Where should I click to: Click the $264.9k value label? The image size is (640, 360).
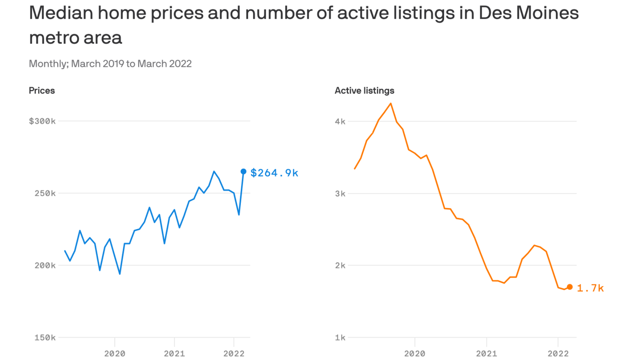tap(274, 173)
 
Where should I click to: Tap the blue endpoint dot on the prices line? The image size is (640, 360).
tap(244, 172)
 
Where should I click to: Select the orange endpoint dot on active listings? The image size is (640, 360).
tap(570, 287)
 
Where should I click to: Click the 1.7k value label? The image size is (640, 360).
tap(590, 288)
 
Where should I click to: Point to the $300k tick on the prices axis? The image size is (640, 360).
tap(42, 121)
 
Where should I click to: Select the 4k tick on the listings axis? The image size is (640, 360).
tap(340, 121)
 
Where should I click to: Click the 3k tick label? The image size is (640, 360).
tap(340, 193)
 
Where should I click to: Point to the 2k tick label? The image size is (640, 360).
tap(340, 265)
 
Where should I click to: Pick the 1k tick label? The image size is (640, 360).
tap(340, 337)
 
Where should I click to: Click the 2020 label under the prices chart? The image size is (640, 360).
tap(114, 353)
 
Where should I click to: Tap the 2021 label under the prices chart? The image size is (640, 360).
tap(174, 353)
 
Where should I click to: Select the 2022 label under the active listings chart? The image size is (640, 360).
tap(558, 353)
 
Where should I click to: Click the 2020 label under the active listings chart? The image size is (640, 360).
tap(415, 353)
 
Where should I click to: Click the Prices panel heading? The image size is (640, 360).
tap(42, 90)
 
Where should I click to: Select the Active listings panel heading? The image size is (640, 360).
tap(365, 90)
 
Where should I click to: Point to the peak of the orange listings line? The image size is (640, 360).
tap(391, 104)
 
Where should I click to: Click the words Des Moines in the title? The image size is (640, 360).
tap(528, 13)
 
